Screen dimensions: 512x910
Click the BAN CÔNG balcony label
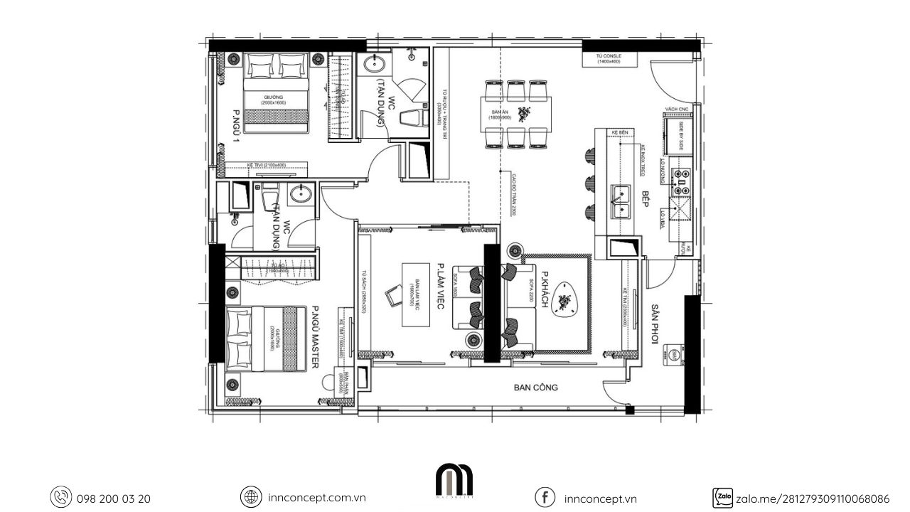point(536,388)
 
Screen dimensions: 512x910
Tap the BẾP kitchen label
point(647,198)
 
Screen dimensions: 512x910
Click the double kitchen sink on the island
point(623,199)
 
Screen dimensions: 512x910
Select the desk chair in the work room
point(392,295)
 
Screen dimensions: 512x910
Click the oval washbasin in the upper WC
point(374,65)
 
